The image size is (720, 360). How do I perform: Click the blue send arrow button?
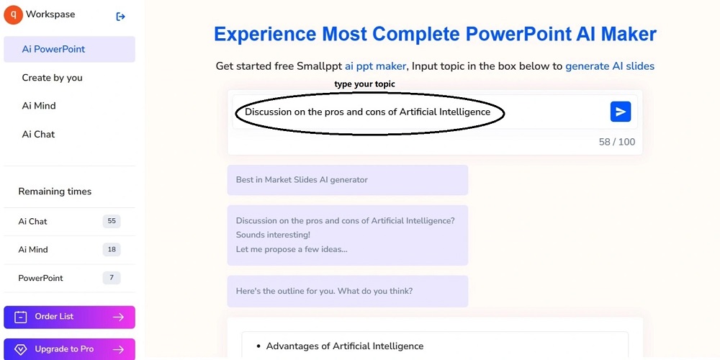point(621,112)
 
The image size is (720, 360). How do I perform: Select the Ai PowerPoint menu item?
point(69,49)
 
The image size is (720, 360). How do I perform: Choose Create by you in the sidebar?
point(53,78)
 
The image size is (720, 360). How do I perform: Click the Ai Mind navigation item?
point(39,106)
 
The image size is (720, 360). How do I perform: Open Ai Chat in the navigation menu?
point(39,134)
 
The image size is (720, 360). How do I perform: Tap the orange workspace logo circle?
point(12,14)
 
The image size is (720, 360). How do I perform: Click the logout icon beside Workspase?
point(120,17)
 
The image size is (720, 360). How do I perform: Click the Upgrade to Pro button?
point(69,349)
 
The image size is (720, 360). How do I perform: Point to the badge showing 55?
point(112,221)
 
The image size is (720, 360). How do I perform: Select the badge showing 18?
point(112,249)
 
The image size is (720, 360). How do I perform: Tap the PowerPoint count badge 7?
point(112,278)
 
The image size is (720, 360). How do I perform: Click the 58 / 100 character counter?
point(617,142)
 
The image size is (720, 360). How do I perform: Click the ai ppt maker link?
point(376,66)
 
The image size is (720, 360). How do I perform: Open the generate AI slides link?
point(610,66)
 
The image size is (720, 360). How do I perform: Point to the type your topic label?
point(364,84)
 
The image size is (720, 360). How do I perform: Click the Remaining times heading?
point(55,192)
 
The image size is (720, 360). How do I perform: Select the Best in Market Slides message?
point(348,180)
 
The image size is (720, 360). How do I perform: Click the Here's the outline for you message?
point(348,291)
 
